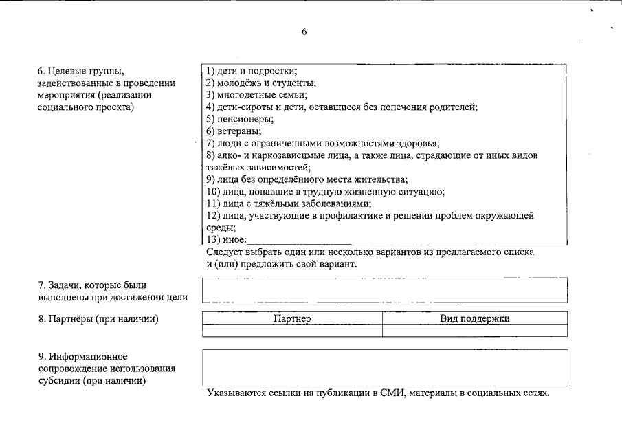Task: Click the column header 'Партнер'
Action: click(x=292, y=318)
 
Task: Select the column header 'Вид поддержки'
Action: click(x=475, y=318)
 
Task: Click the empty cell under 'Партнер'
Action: click(x=292, y=331)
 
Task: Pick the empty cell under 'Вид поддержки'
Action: click(x=475, y=331)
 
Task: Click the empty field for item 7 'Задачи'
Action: click(x=385, y=290)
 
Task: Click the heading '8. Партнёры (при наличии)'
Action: click(x=98, y=318)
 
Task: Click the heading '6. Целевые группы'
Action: click(x=82, y=71)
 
